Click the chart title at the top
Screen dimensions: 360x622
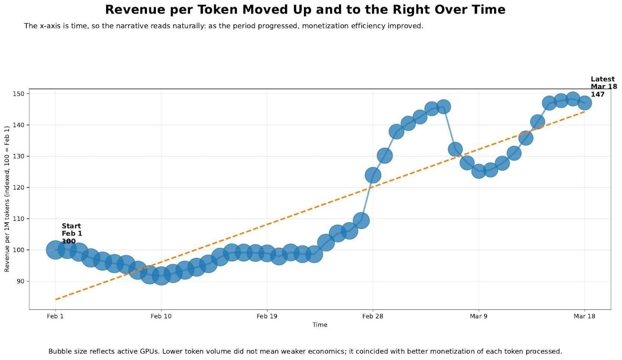click(305, 9)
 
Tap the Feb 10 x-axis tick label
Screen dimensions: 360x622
click(161, 316)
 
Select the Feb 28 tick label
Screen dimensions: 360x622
click(372, 316)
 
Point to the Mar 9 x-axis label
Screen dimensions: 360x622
click(478, 316)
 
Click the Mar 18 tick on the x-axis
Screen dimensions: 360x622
click(584, 316)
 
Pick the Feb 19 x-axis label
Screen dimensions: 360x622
click(267, 316)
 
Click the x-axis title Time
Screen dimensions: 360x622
click(320, 325)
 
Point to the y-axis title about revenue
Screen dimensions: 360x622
click(7, 199)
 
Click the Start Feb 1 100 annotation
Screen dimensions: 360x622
click(72, 233)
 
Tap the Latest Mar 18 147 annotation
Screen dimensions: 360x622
click(603, 87)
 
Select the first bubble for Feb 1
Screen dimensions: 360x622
click(55, 250)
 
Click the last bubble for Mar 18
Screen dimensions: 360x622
click(584, 103)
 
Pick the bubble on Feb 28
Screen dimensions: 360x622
click(373, 175)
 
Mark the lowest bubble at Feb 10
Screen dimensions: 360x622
click(161, 276)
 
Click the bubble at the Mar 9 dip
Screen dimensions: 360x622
click(479, 171)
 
